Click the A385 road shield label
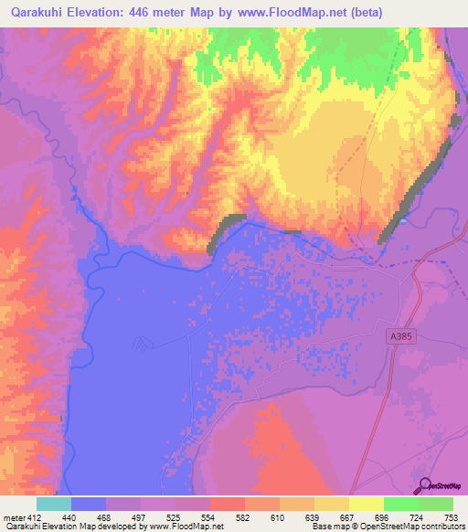(x=397, y=336)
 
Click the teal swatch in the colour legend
(x=53, y=504)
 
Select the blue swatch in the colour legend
(x=88, y=504)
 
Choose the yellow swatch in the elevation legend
(x=366, y=504)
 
